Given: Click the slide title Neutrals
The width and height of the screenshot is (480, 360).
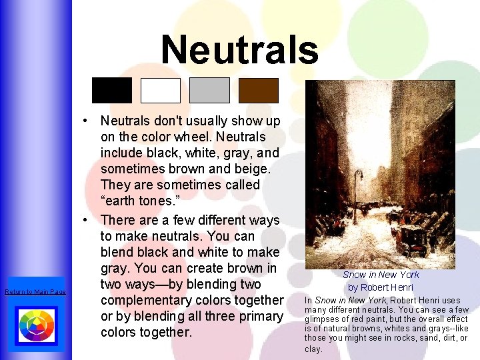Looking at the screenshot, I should pos(240,49).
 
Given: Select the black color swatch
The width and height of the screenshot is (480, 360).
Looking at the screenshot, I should pos(112,90).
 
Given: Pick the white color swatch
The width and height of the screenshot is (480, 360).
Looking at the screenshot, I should pos(161,90).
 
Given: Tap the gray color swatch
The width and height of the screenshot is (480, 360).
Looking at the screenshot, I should pos(209,90).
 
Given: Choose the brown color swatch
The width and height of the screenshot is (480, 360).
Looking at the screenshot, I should pos(259,90).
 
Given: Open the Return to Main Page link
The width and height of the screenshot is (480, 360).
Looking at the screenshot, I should pos(35,292).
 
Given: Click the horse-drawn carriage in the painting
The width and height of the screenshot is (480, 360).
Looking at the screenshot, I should pos(413,238).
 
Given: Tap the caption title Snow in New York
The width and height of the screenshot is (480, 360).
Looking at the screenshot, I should pos(381,275).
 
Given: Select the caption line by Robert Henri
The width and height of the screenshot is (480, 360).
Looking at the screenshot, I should pos(381,287).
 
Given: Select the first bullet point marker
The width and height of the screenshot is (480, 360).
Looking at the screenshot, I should pos(87,121).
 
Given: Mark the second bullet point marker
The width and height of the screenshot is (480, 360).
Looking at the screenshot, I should pos(87,220).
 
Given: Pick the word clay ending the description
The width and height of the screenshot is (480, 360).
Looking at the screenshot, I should pos(313,349).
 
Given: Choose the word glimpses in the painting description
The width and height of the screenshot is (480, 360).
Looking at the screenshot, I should pos(323,319).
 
